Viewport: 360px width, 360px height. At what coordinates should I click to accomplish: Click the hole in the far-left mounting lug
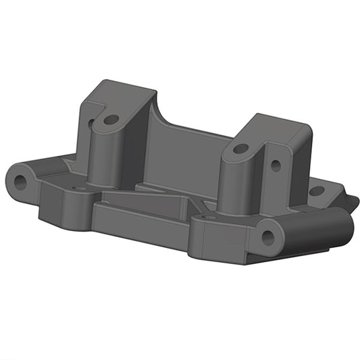[20, 180]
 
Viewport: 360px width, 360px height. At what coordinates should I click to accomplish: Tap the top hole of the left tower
[112, 120]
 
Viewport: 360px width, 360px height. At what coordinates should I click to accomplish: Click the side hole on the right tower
[276, 164]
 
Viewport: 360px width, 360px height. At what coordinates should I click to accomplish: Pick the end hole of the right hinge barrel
[268, 237]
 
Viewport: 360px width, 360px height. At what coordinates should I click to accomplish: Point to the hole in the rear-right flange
[315, 191]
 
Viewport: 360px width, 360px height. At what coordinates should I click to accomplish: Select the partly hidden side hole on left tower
[91, 124]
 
